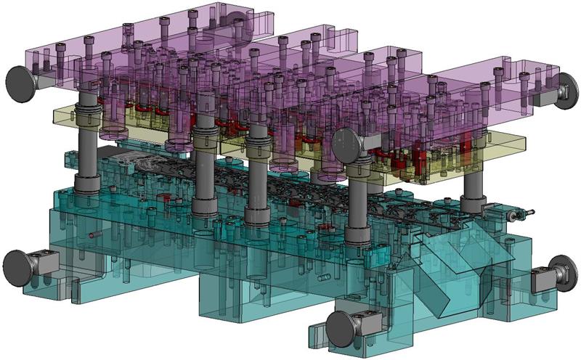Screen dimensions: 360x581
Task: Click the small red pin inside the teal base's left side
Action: click(94, 235)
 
